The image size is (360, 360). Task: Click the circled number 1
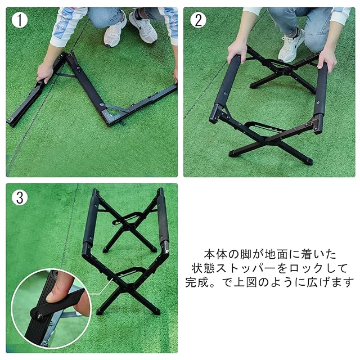point(20,20)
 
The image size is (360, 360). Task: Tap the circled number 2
point(198,20)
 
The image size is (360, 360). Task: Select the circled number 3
point(20,197)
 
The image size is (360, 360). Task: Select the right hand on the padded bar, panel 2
point(327,60)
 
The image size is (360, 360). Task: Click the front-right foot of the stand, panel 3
point(156,311)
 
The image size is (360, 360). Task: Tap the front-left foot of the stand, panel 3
point(101,312)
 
